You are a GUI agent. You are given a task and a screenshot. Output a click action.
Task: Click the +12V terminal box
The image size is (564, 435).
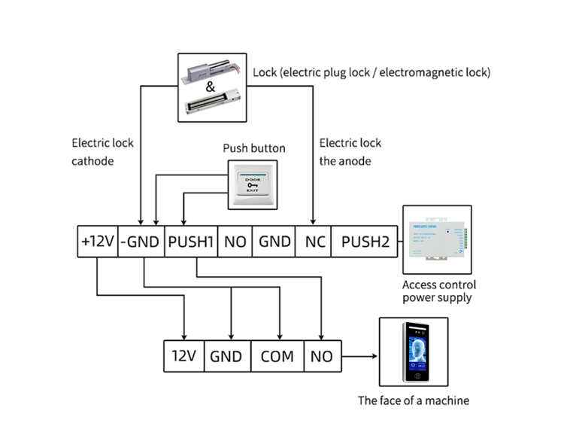pos(98,242)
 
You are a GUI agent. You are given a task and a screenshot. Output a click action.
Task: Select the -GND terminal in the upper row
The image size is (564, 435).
pos(141,242)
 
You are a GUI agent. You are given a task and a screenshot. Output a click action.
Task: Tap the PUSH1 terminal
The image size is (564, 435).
pos(191,242)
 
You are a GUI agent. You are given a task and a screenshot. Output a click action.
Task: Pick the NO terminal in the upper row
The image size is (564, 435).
pos(235,242)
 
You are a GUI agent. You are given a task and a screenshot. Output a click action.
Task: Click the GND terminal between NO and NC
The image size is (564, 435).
pos(274,242)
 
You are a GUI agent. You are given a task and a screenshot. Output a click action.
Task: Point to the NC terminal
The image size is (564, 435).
pos(314,242)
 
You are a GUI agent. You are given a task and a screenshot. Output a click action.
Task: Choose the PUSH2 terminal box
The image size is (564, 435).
pos(365,242)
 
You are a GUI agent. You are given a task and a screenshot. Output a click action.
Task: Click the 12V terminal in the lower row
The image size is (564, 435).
pos(184,356)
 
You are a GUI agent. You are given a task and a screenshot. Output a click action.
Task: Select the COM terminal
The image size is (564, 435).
pos(277,356)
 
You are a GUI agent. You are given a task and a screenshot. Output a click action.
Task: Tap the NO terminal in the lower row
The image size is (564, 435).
pos(321,356)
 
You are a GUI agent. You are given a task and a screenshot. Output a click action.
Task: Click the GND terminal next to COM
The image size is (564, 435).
pos(226,356)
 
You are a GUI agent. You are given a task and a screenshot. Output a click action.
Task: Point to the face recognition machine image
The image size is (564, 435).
pos(415,354)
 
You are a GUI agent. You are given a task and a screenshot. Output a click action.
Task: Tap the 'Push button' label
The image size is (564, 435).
pos(254,148)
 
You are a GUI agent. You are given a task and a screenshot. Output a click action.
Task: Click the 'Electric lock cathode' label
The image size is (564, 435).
pos(103,151)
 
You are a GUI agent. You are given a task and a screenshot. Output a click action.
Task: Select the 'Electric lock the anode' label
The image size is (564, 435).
pos(350,151)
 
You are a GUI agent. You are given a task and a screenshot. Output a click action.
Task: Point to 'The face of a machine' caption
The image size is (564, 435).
pos(413,400)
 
